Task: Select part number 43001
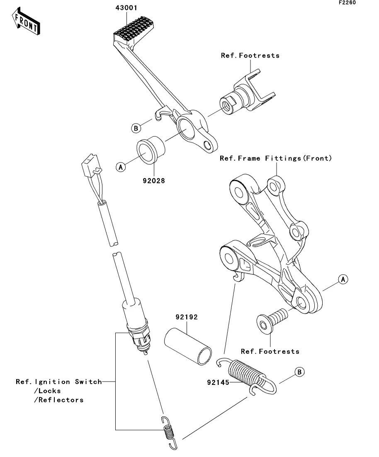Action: [x=126, y=8]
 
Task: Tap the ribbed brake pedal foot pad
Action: [x=132, y=29]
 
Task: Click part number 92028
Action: [x=154, y=181]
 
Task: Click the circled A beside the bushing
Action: [x=121, y=167]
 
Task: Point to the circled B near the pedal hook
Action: [x=136, y=128]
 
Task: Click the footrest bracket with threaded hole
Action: [x=247, y=92]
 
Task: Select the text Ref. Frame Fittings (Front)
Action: [x=276, y=158]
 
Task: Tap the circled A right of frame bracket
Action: [x=343, y=279]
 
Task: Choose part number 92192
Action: [x=187, y=317]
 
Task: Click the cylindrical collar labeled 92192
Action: [x=188, y=346]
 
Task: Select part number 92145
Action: [x=218, y=382]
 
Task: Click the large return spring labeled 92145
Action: [x=247, y=376]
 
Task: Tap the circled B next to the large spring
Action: [x=299, y=372]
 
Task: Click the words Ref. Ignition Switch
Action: [x=59, y=382]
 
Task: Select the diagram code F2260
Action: [x=347, y=2]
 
